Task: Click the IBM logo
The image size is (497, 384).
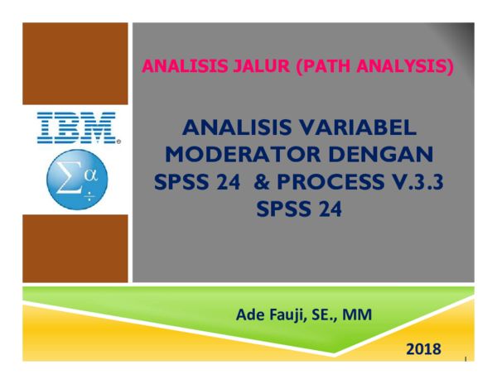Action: [76, 129]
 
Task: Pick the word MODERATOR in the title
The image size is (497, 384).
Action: [240, 156]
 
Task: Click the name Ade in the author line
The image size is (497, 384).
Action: [249, 314]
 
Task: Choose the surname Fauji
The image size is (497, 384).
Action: [286, 314]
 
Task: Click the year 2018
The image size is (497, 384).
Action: [423, 349]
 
